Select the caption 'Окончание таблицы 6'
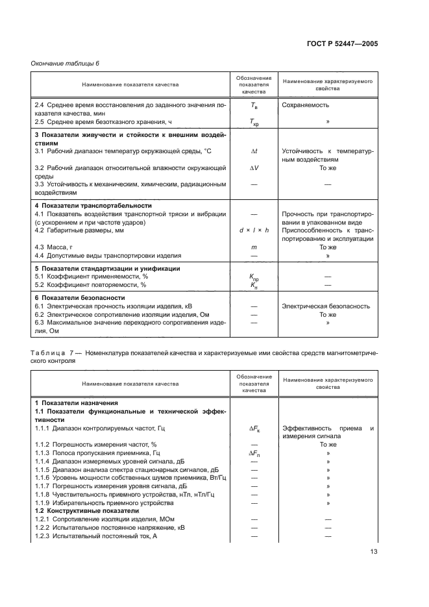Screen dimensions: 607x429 click(66, 63)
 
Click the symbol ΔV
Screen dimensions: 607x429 click(254, 167)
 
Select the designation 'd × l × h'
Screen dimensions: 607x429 click(254, 230)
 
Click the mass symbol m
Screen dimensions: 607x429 click(254, 247)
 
